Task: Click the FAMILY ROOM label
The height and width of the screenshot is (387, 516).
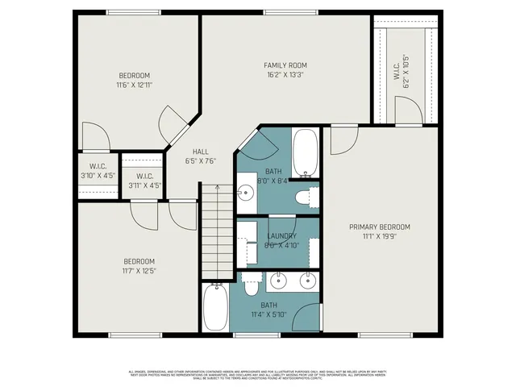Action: pos(285,65)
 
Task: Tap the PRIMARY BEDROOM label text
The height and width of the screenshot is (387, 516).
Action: pos(380,227)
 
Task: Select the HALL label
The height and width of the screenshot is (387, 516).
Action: pos(200,152)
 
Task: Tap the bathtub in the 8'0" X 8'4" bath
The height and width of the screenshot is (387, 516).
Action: pos(306,152)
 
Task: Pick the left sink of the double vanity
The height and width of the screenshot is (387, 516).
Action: pos(279,281)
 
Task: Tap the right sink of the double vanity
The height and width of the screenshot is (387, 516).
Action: pos(307,281)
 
